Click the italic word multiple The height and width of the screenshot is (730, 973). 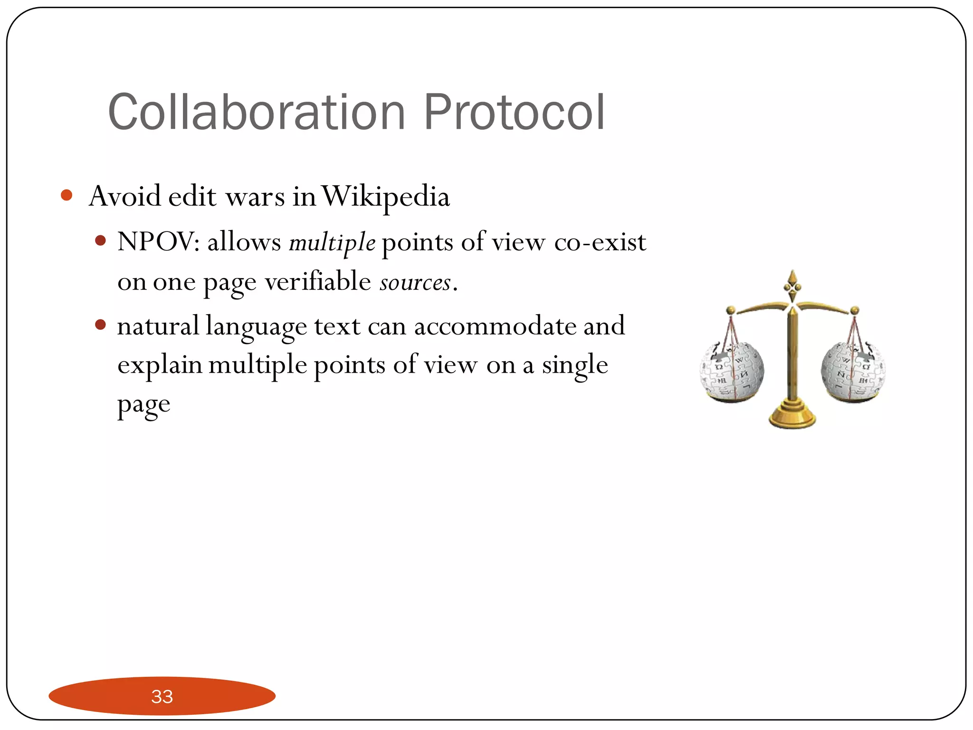click(332, 243)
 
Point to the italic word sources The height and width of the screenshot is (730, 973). click(415, 283)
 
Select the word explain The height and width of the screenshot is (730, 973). click(160, 366)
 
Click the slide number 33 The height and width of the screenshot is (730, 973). click(162, 696)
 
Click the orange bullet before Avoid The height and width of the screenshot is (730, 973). click(67, 195)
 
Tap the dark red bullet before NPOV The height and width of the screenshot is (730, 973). click(100, 240)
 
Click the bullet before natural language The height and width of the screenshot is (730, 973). click(100, 325)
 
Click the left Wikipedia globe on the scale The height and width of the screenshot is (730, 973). click(732, 371)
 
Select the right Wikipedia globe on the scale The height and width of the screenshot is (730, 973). click(853, 371)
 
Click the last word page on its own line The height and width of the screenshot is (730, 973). click(143, 405)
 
